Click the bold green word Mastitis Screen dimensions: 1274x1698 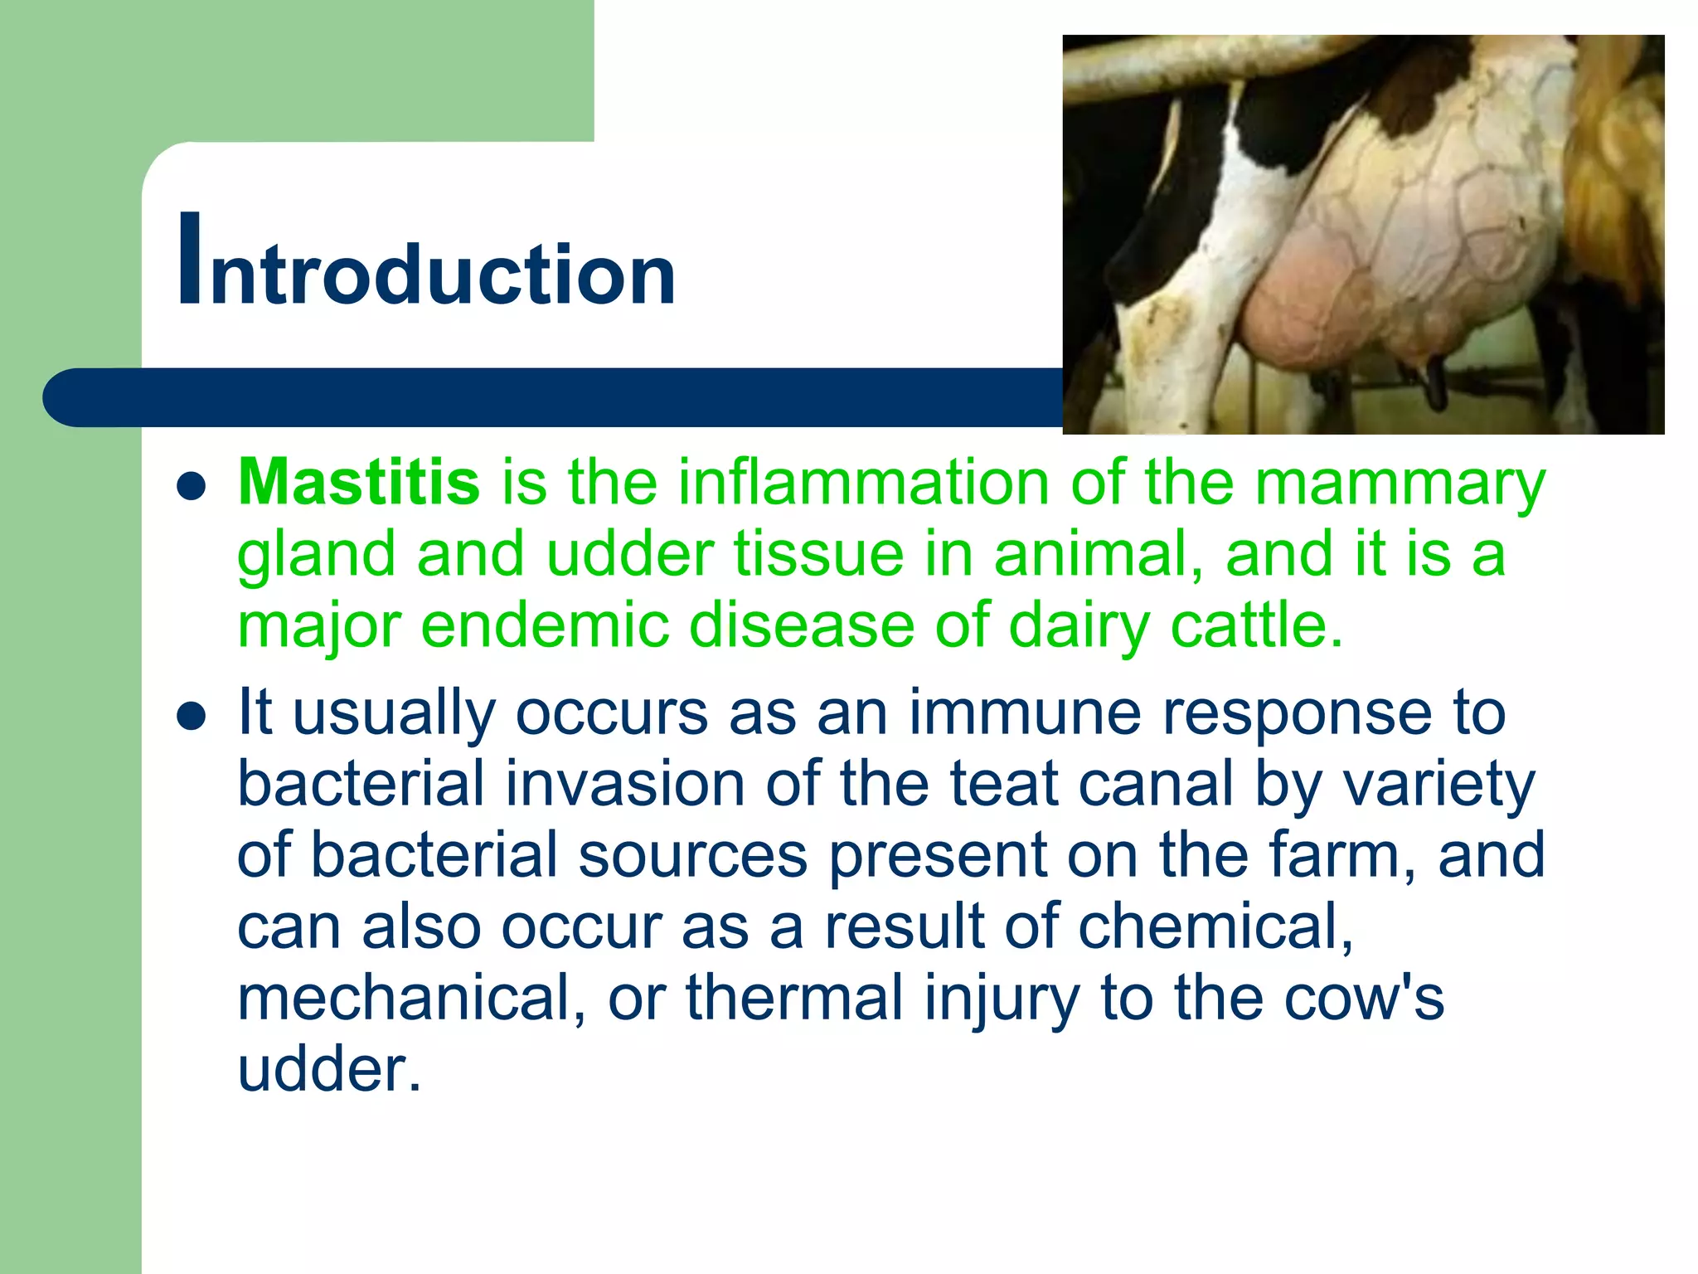click(358, 482)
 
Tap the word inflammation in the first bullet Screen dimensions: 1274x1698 click(863, 482)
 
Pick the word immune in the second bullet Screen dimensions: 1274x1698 click(1025, 712)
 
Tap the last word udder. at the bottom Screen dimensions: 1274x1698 click(329, 1069)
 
